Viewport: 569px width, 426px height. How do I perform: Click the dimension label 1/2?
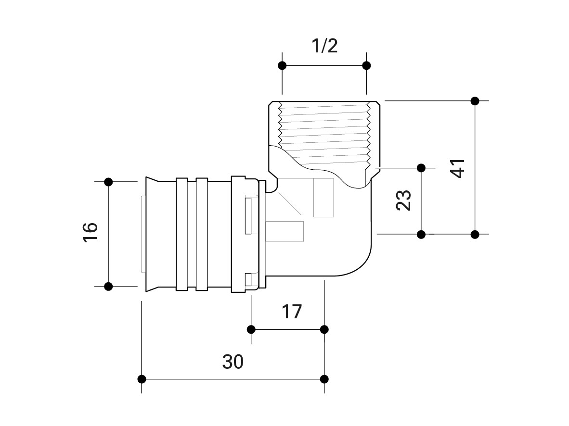point(324,46)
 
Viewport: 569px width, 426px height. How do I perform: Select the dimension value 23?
point(403,200)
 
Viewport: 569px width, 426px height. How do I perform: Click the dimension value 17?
point(291,312)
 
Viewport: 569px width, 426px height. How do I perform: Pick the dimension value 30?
point(233,362)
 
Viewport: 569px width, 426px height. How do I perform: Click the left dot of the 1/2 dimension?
point(283,65)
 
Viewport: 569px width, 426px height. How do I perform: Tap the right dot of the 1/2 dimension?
point(366,65)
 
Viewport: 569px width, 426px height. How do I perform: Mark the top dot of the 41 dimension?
point(475,101)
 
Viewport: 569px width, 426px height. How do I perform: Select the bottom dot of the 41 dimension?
point(475,234)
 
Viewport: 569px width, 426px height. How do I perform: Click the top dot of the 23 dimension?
point(421,168)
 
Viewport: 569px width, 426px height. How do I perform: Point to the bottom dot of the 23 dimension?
point(421,234)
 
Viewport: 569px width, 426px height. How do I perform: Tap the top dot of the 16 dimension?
point(108,182)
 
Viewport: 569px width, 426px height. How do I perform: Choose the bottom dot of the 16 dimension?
point(108,287)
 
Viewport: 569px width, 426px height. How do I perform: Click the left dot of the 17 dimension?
point(251,329)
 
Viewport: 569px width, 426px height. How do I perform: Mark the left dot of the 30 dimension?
point(142,379)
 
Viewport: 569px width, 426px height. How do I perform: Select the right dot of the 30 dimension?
point(324,379)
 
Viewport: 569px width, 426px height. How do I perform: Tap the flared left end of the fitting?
point(151,235)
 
